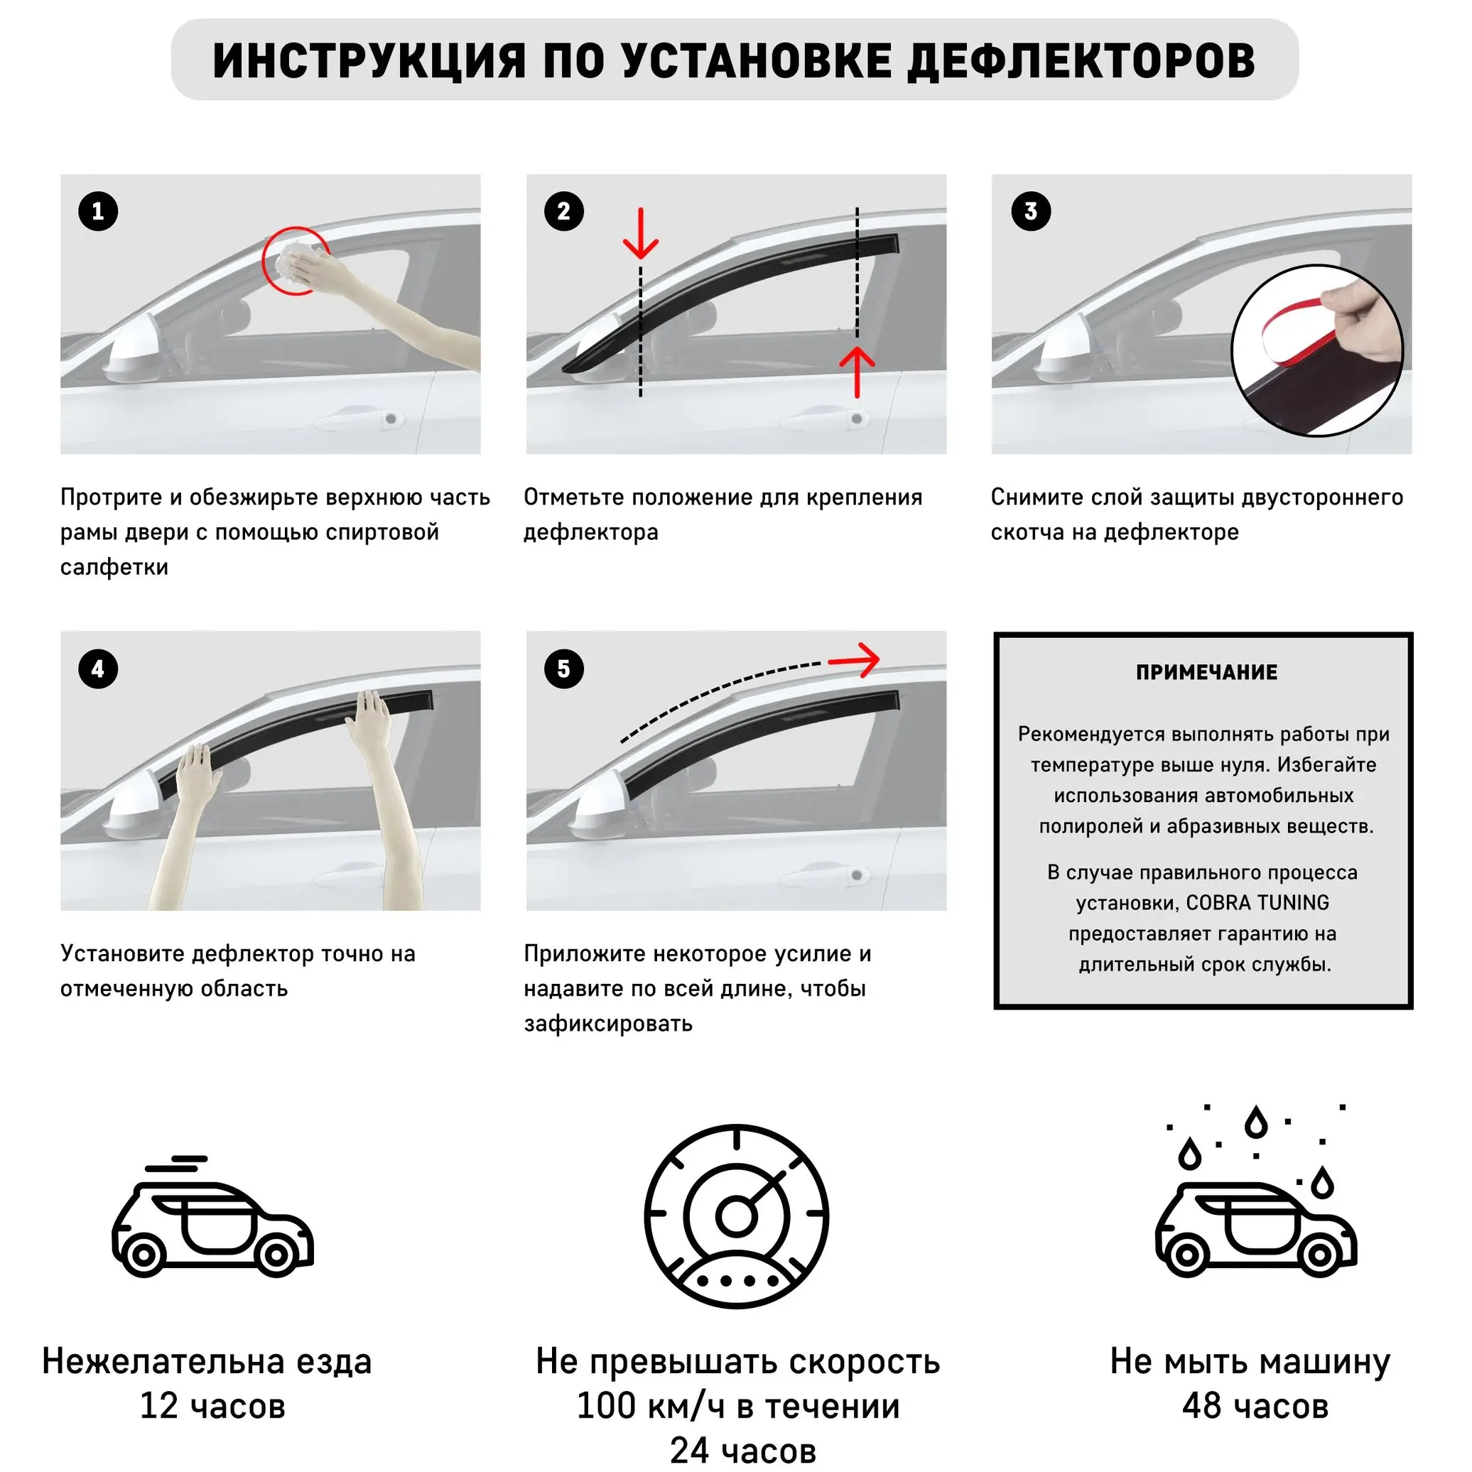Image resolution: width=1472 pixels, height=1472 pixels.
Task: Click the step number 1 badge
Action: tap(98, 211)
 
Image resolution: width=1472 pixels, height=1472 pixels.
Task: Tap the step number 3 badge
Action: tap(1030, 211)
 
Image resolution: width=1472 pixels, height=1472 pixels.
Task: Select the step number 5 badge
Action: tap(564, 669)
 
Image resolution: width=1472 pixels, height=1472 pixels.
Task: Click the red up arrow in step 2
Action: tap(857, 372)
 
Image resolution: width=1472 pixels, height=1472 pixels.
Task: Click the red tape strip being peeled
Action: tap(1295, 328)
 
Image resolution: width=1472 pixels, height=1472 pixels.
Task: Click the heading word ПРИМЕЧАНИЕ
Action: tap(1206, 672)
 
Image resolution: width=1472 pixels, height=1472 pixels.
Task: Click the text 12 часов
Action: tap(212, 1406)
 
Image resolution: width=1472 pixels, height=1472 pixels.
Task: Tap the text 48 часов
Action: tap(1255, 1406)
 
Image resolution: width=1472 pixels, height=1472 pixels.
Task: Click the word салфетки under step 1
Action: tap(114, 567)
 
